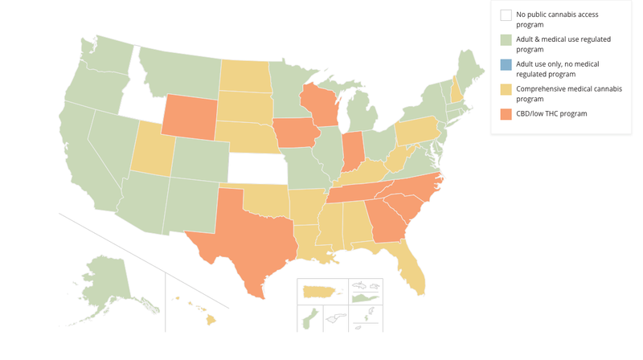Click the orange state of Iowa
coord(293,133)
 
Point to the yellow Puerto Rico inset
coord(321,290)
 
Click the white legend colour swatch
coord(506,14)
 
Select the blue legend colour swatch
coord(506,64)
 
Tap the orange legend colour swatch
coord(506,114)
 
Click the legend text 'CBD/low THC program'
coord(551,114)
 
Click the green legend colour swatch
coord(506,39)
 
